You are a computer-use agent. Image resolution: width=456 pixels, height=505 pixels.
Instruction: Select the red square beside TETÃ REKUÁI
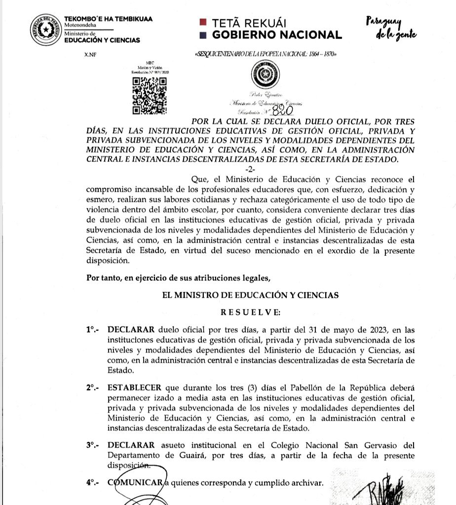[x=202, y=22]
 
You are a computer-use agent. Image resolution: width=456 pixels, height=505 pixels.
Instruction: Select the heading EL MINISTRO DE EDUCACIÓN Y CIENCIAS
[x=250, y=295]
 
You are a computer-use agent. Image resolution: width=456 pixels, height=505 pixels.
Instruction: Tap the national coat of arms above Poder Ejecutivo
[x=266, y=76]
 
